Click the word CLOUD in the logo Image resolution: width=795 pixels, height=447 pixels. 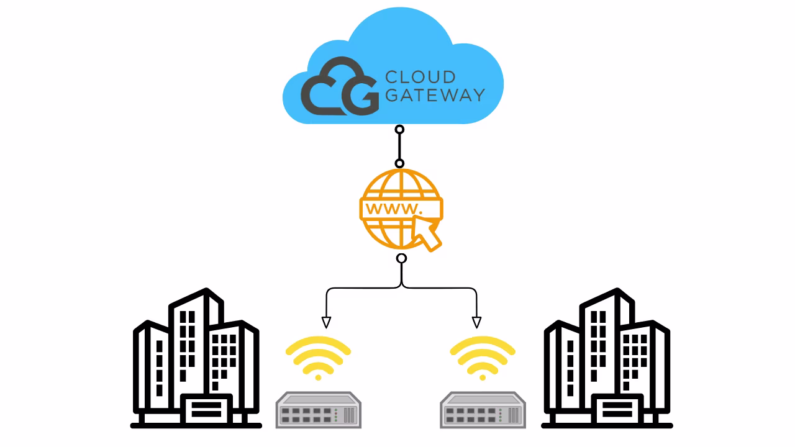pyautogui.click(x=420, y=78)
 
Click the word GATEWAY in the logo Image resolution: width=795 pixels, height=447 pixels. pyautogui.click(x=435, y=95)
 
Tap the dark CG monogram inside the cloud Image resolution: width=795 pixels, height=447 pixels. pyautogui.click(x=339, y=87)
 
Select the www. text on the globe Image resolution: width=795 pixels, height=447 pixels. pyautogui.click(x=394, y=208)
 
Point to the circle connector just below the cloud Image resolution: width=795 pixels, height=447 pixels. pyautogui.click(x=399, y=130)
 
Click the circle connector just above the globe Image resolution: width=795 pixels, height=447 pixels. pyautogui.click(x=399, y=163)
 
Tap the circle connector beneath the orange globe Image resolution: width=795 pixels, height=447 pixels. pyautogui.click(x=401, y=258)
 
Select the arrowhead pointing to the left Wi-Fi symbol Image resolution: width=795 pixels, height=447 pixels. pyautogui.click(x=326, y=322)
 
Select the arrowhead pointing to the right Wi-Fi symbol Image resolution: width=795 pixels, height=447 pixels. pyautogui.click(x=476, y=322)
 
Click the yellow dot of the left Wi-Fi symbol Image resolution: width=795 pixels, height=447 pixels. pyautogui.click(x=319, y=377)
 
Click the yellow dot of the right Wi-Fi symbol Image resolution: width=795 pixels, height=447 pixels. pyautogui.click(x=483, y=377)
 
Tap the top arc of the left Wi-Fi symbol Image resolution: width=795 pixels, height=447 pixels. pyautogui.click(x=319, y=343)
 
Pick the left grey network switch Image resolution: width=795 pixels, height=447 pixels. pyautogui.click(x=319, y=410)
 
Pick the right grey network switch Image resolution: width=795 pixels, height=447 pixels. pyautogui.click(x=483, y=410)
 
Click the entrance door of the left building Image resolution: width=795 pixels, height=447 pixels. pyautogui.click(x=206, y=410)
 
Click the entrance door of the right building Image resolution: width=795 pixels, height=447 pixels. pyautogui.click(x=617, y=410)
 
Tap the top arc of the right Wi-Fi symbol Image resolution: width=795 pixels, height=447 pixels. pyautogui.click(x=483, y=343)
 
